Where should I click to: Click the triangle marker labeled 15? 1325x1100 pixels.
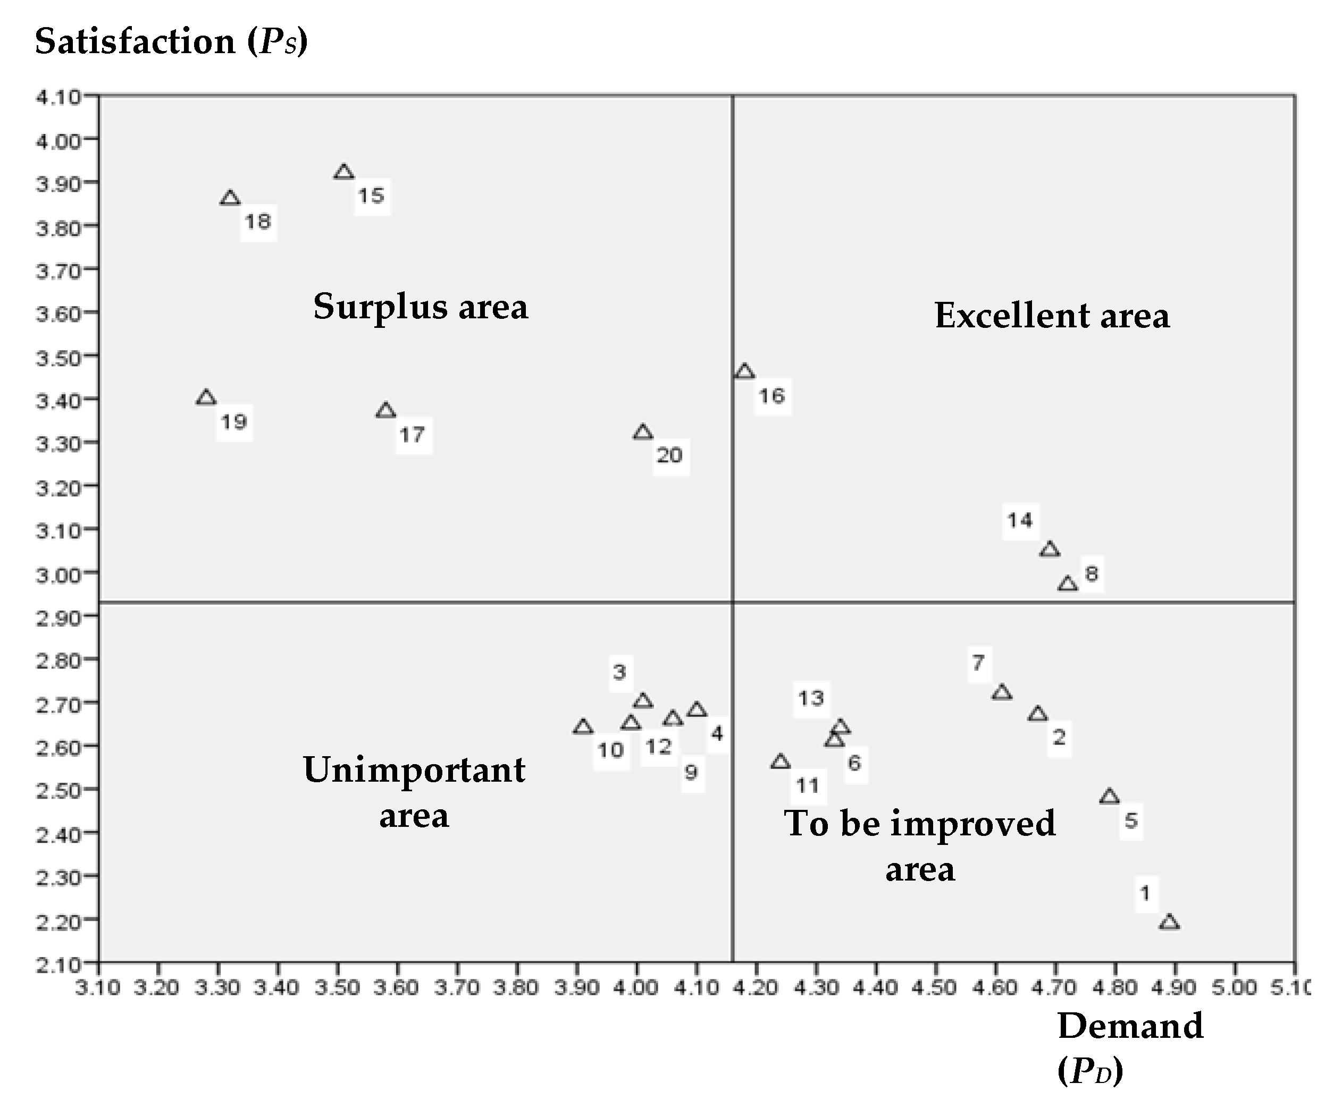(x=344, y=172)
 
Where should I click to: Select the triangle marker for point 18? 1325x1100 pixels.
(x=230, y=199)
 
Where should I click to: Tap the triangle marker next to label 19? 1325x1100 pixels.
(x=206, y=398)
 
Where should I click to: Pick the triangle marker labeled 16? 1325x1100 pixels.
(x=744, y=372)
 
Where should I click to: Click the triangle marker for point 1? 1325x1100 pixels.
(x=1169, y=923)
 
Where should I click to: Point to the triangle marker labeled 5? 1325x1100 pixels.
(x=1109, y=797)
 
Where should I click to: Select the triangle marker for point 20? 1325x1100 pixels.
(x=642, y=433)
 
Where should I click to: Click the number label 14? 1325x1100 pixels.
(x=1020, y=520)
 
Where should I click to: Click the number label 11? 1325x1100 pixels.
(x=808, y=786)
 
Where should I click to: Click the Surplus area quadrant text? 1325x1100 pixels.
(x=420, y=307)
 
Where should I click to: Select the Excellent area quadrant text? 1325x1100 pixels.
(x=1052, y=316)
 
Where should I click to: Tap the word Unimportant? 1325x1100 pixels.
(x=414, y=770)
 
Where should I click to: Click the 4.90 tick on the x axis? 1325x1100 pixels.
(x=1175, y=988)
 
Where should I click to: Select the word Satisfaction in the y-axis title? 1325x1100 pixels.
(x=135, y=43)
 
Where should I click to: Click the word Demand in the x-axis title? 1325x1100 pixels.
(x=1130, y=1026)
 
